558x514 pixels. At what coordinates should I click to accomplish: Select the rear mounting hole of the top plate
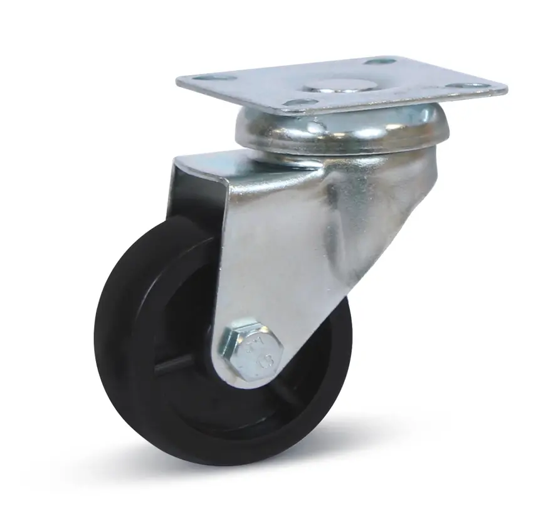(379, 61)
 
